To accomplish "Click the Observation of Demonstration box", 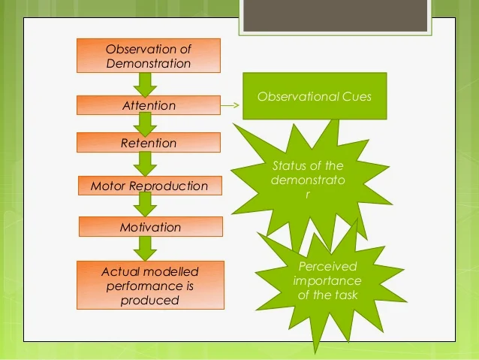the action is click(x=149, y=56).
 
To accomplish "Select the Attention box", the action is click(x=149, y=105).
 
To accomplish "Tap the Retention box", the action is click(x=149, y=142).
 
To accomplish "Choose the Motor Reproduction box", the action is click(x=150, y=186).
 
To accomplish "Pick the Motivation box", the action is click(x=151, y=227).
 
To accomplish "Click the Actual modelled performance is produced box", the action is click(x=150, y=285).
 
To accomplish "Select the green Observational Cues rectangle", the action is click(x=315, y=96).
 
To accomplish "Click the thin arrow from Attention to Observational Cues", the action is click(x=230, y=105).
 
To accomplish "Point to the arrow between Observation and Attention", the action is click(x=145, y=85).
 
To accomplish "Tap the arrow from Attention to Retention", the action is click(x=145, y=125).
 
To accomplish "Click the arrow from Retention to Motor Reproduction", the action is click(x=145, y=165).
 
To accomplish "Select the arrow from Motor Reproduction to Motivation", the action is click(x=145, y=204).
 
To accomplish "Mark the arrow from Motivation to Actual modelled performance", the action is click(x=145, y=249).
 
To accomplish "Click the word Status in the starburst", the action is click(x=289, y=165).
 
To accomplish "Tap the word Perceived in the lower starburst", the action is click(x=327, y=266).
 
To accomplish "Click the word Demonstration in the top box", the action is click(x=149, y=63).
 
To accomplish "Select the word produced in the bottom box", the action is click(x=149, y=300).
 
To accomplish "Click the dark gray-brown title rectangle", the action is click(x=335, y=16).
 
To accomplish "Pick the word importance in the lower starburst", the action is click(x=327, y=281).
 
